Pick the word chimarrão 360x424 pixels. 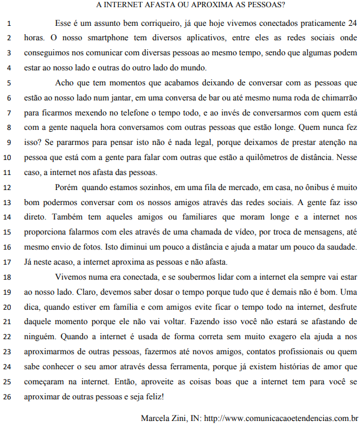click(x=336, y=97)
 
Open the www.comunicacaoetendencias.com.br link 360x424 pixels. click(x=282, y=417)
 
